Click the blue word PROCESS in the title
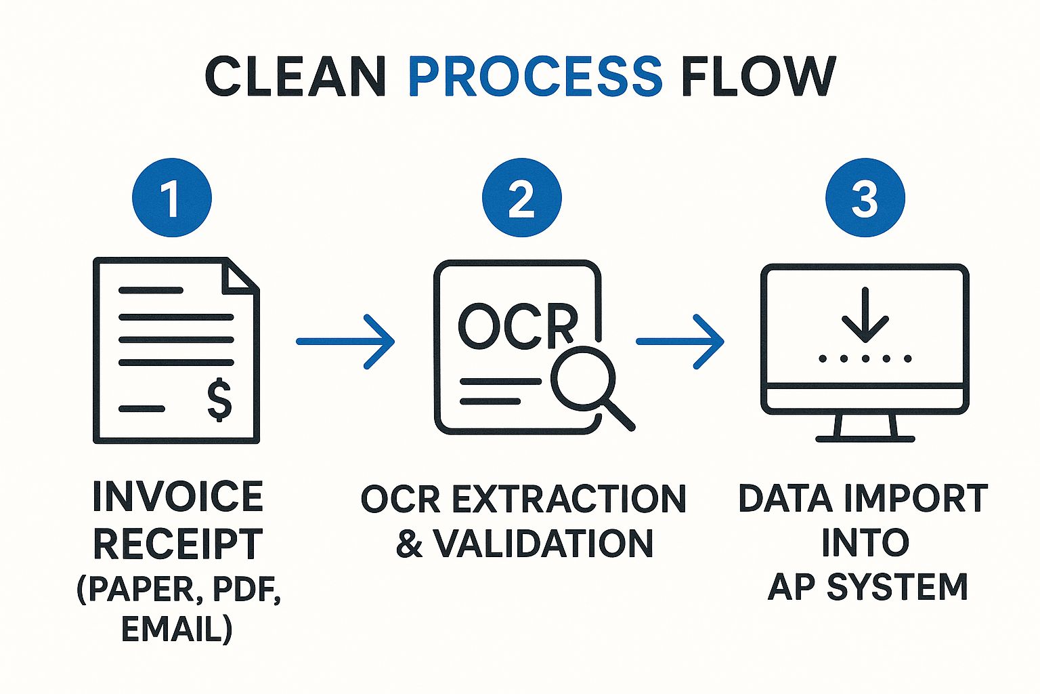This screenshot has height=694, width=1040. [x=534, y=75]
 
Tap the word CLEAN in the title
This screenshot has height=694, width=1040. [x=295, y=75]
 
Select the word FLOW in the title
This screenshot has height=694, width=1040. [x=758, y=75]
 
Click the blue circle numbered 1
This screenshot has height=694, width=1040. [x=172, y=198]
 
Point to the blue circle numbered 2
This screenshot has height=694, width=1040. [x=521, y=198]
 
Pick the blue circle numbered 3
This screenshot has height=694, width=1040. [x=865, y=198]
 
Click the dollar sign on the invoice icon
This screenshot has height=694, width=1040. [x=219, y=401]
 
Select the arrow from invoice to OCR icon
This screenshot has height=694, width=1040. [x=345, y=341]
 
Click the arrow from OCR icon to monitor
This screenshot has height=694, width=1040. [x=680, y=341]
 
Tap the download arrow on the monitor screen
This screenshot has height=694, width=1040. [x=865, y=316]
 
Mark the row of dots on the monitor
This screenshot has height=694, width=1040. [x=865, y=359]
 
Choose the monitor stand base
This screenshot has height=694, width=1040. [x=865, y=438]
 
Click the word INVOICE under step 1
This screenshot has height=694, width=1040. [x=177, y=497]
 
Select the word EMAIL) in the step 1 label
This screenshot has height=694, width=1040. [x=177, y=628]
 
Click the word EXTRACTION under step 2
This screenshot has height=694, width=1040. [x=569, y=499]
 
